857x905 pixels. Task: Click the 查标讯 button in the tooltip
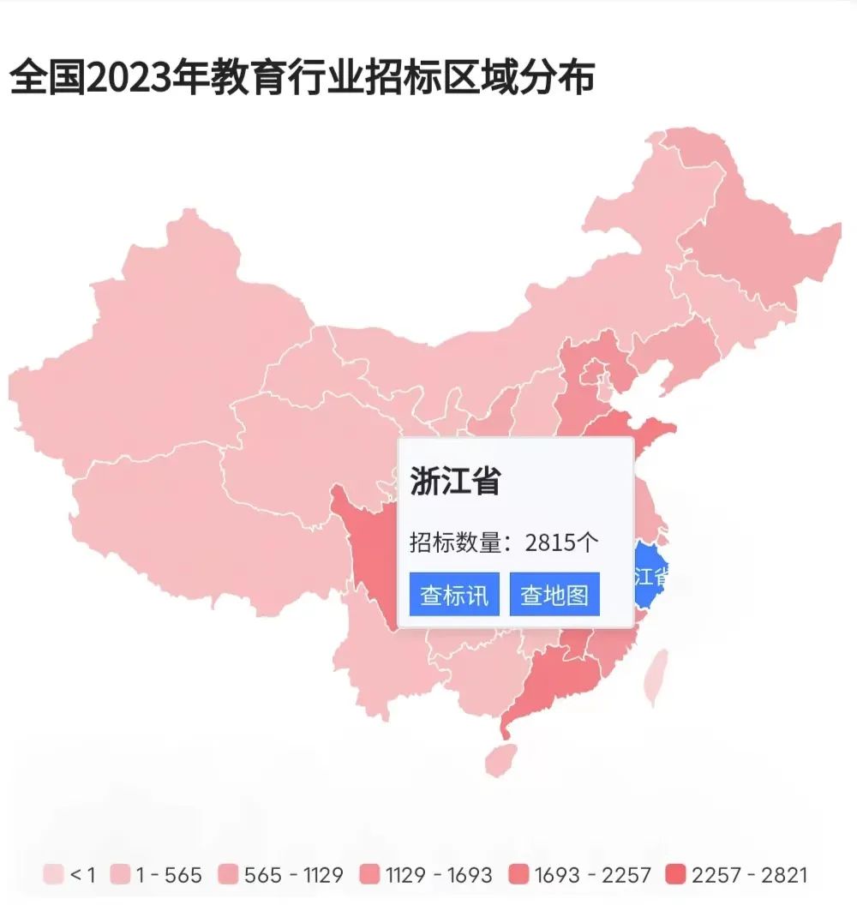click(x=454, y=595)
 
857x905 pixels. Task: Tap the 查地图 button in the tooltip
click(x=554, y=595)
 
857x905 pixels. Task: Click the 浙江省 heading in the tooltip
click(x=455, y=482)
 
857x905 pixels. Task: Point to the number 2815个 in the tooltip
click(x=561, y=542)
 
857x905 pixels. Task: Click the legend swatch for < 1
click(x=54, y=875)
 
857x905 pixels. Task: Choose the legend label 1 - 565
click(x=169, y=875)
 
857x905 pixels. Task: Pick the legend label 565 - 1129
click(x=293, y=875)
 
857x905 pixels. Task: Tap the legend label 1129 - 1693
click(x=439, y=875)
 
